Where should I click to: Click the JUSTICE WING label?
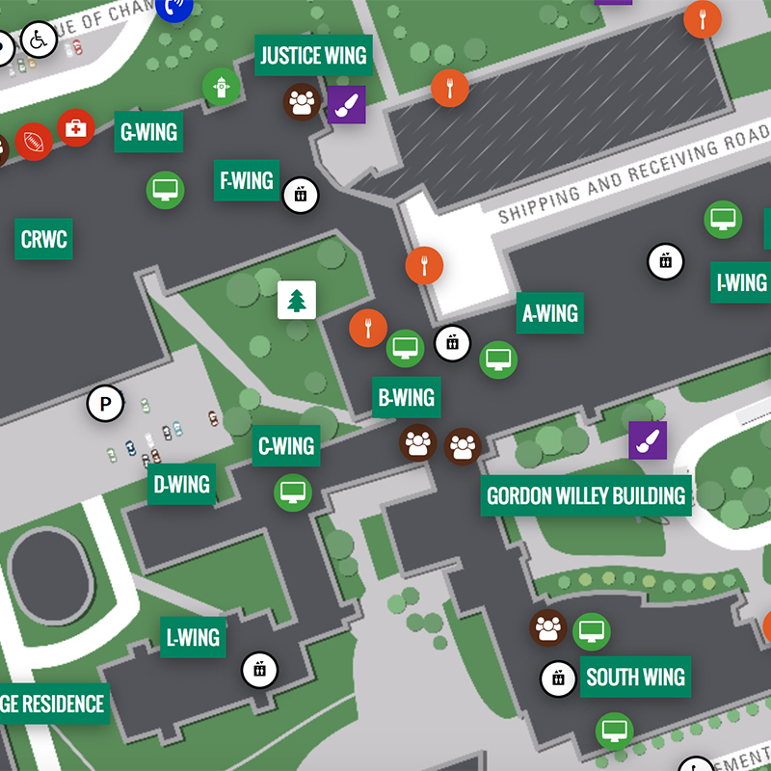click(x=313, y=56)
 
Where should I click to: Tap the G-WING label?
click(x=149, y=131)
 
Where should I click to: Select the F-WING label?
click(x=247, y=180)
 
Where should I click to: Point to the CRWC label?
click(x=44, y=238)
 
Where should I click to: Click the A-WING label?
click(x=550, y=313)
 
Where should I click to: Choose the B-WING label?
click(x=406, y=397)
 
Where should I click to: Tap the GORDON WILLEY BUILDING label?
click(x=586, y=495)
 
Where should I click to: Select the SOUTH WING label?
click(x=635, y=677)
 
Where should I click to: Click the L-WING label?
click(x=193, y=637)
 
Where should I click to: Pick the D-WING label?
click(x=182, y=484)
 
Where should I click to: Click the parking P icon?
click(x=105, y=403)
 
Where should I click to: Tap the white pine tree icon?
click(x=297, y=300)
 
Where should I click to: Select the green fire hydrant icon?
click(x=221, y=88)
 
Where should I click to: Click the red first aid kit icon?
click(x=75, y=127)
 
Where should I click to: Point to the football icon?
click(x=34, y=142)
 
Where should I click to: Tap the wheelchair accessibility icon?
click(x=38, y=40)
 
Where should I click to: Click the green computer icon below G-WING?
click(x=165, y=189)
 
